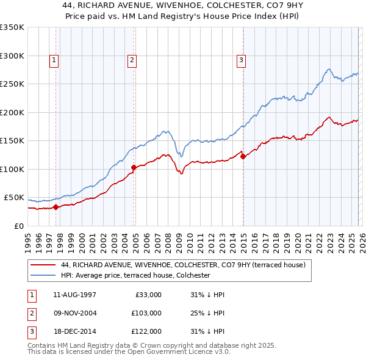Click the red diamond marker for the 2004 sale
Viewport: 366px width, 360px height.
[x=134, y=167]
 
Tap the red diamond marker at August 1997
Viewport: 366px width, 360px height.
[x=56, y=207]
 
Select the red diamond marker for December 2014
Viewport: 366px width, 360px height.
[x=243, y=156]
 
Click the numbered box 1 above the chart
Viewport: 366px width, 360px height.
[x=54, y=60]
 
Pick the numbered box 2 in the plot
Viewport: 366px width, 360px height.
[x=132, y=60]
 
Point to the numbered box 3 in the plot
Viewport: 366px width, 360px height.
[x=241, y=60]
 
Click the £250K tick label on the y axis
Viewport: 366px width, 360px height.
[x=12, y=84]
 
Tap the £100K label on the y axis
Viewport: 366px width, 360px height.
[x=12, y=169]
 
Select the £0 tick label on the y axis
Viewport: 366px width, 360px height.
[x=18, y=226]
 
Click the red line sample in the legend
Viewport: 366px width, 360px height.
[x=44, y=265]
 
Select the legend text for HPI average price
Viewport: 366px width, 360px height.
[x=135, y=276]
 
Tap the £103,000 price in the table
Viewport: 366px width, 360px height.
[x=147, y=313]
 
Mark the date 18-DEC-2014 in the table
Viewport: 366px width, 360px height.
[x=74, y=331]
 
